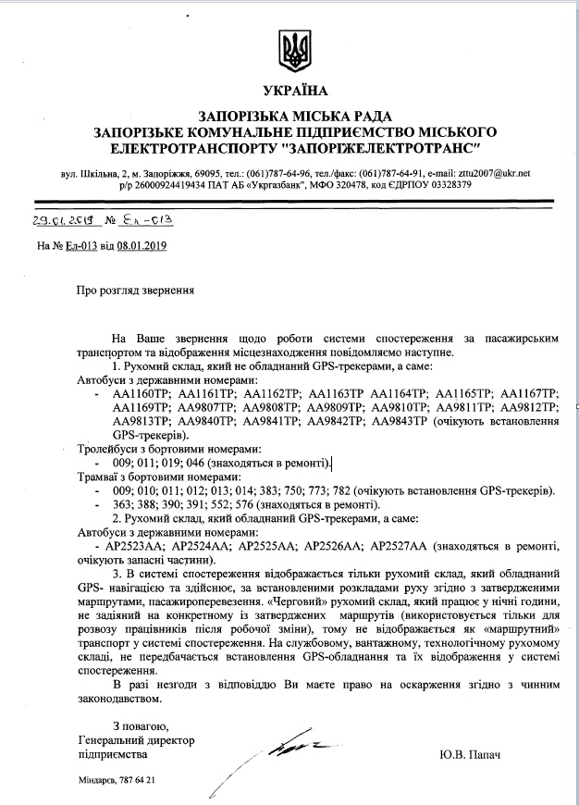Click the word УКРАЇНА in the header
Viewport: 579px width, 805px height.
[295, 91]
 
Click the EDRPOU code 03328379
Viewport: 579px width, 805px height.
[446, 184]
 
